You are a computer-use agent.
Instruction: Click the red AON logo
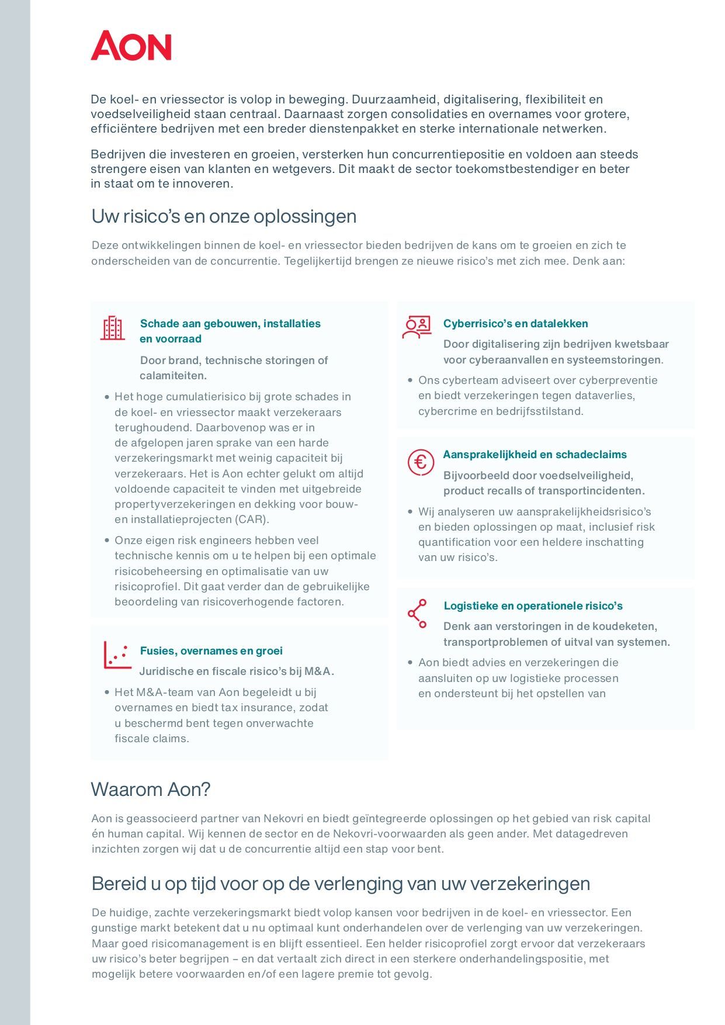point(131,46)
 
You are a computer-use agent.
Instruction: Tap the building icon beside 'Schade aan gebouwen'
point(112,328)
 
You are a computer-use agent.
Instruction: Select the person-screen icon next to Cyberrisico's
point(417,327)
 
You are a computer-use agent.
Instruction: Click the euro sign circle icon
point(420,462)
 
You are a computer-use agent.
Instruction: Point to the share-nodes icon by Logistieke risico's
point(417,614)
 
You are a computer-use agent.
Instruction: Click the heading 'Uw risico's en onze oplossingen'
point(224,216)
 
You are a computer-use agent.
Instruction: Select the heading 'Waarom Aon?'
point(151,789)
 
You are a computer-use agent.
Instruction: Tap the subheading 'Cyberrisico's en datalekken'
point(515,324)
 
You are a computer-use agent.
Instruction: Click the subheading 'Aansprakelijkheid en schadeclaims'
point(535,455)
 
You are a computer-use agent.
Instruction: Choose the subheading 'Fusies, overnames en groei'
point(211,651)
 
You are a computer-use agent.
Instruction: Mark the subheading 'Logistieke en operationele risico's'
point(533,606)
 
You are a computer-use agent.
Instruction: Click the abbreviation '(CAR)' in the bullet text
point(252,520)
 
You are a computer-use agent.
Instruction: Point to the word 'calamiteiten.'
point(173,376)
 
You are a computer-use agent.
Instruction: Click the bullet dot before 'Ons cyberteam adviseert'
point(410,380)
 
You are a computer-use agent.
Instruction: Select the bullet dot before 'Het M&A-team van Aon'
point(107,692)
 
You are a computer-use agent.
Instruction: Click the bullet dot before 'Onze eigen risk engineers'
point(107,541)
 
